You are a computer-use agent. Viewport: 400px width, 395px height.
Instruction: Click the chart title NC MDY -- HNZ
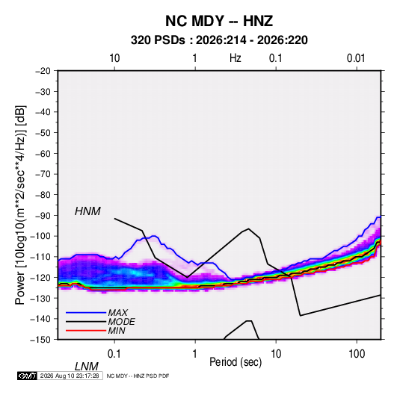click(219, 21)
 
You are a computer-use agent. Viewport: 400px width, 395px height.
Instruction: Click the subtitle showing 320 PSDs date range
click(219, 40)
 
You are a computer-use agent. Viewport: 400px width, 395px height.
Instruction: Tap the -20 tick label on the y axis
click(43, 71)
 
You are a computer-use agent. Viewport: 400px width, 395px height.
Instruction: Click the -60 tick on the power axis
click(43, 153)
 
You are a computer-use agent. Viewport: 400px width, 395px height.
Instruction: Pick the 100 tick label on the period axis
click(357, 354)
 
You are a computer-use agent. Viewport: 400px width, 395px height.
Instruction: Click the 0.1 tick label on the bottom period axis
click(114, 354)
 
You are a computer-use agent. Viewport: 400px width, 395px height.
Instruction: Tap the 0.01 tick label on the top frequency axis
click(356, 58)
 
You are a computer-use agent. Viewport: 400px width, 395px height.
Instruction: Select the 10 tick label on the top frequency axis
click(114, 58)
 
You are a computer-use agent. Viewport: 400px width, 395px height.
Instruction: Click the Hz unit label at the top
click(236, 58)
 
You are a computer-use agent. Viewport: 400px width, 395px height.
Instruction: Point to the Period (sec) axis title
click(236, 362)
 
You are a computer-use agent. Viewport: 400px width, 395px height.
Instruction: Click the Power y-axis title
click(20, 205)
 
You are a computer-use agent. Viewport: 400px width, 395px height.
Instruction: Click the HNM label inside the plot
click(87, 211)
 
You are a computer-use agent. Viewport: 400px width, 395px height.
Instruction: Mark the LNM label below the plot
click(86, 367)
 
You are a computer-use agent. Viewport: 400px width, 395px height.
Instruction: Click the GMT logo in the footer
click(28, 376)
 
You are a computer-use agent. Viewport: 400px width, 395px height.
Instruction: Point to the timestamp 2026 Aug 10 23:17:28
click(70, 376)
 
